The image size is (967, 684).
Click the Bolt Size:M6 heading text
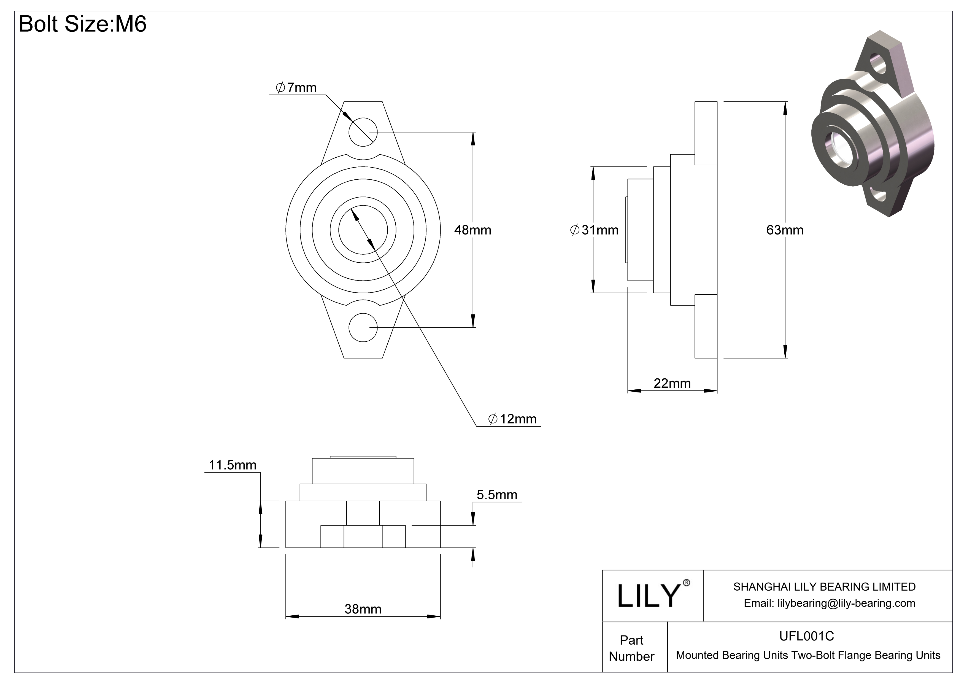(83, 24)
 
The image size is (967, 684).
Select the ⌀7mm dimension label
(296, 88)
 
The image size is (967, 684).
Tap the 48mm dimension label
(472, 230)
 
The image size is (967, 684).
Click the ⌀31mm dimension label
(594, 230)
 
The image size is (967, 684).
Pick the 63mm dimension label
(784, 230)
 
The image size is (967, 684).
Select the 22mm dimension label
(672, 383)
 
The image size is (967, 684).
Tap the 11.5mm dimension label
(233, 465)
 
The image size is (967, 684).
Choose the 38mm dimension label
(363, 609)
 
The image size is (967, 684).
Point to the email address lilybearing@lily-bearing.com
(829, 603)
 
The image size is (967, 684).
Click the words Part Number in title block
(631, 648)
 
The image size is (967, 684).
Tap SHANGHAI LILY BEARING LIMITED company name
(824, 587)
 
